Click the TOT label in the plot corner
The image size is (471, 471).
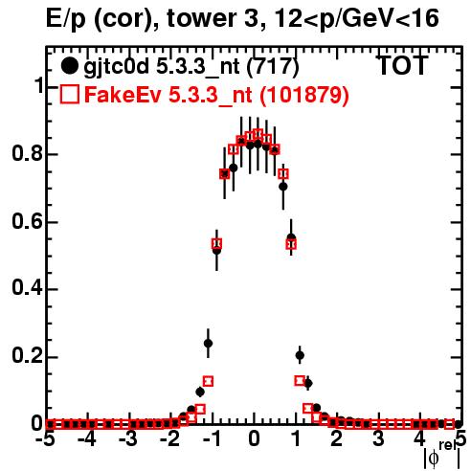(403, 66)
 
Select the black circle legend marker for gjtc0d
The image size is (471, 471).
(69, 66)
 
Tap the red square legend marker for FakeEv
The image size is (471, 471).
(70, 94)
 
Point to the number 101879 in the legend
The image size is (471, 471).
(303, 95)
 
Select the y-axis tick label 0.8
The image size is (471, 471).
(27, 154)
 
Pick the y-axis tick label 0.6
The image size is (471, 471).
(27, 221)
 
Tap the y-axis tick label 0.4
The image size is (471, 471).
(27, 289)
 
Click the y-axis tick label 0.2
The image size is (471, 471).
(27, 356)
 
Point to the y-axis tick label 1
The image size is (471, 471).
(38, 86)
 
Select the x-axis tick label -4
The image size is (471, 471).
(87, 439)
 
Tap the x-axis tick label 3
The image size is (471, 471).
(378, 439)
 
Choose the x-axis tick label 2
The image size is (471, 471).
(337, 439)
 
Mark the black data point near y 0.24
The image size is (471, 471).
(208, 344)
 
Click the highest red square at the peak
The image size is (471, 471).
(258, 134)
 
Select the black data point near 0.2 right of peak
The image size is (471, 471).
(300, 355)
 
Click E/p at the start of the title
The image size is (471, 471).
(66, 19)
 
